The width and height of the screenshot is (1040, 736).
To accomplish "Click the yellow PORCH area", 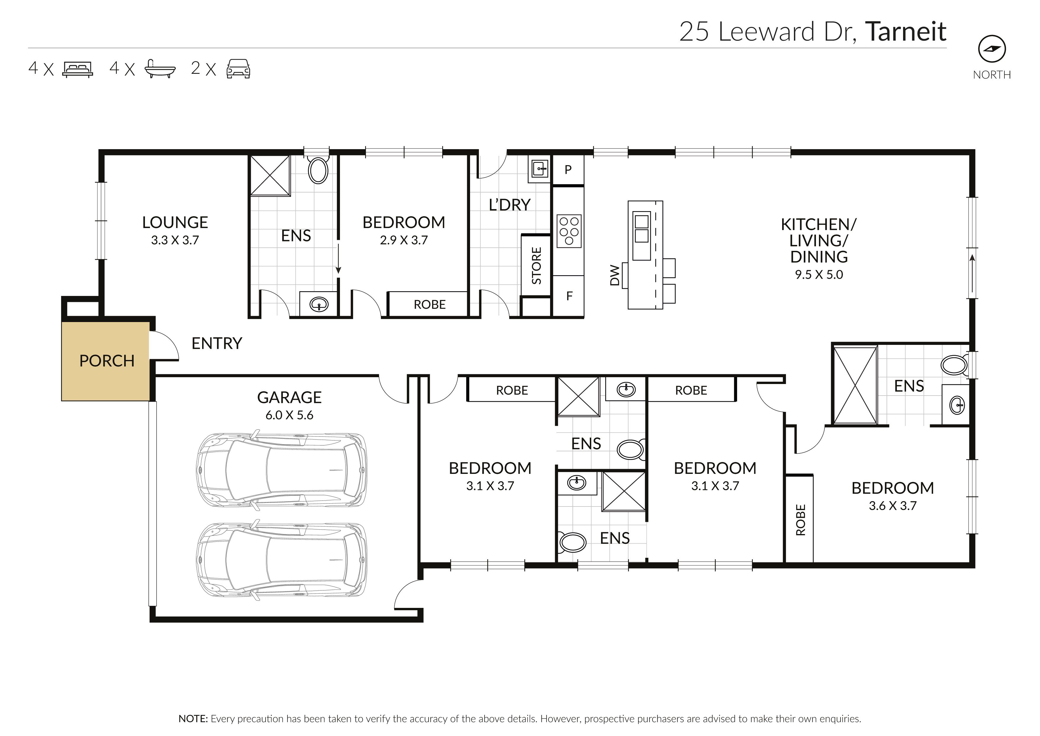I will point(106,361).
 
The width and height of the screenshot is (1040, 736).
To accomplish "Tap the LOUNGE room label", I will point(175,222).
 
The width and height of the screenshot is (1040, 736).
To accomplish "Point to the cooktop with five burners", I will point(569,231).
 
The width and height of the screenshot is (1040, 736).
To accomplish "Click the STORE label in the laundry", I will point(536,266).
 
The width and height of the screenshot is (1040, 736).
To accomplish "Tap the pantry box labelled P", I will point(568,170).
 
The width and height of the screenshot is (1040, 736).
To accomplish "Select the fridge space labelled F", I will point(569,296).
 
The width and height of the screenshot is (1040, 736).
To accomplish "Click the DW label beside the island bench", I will point(614,275).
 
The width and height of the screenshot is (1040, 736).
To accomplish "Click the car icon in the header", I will point(238,69).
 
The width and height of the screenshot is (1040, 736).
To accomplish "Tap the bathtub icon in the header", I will point(159,69).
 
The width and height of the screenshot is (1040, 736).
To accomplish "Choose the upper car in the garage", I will point(281,470).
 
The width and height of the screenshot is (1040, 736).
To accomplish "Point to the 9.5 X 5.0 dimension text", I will point(819,275).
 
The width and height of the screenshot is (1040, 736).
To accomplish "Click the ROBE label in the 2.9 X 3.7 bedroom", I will point(429,305).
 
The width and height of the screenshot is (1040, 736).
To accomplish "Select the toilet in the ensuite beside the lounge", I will point(318,171).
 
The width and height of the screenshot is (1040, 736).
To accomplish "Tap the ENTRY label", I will point(217,343).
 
